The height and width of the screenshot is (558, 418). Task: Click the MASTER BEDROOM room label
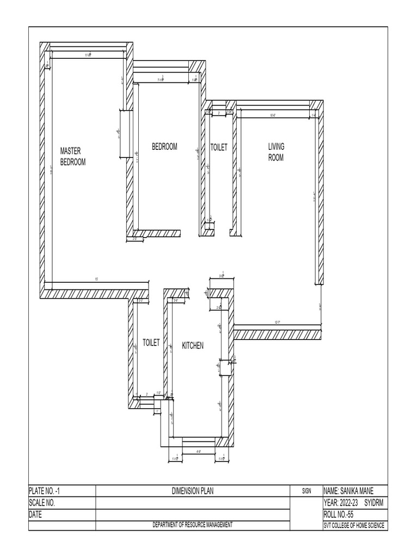click(72, 156)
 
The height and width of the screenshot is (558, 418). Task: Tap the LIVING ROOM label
click(276, 152)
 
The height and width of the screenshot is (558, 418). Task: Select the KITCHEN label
click(193, 345)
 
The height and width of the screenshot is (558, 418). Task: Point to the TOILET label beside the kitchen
click(151, 343)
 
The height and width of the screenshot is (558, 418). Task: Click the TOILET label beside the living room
click(219, 147)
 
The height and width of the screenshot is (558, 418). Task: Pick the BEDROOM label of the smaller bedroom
click(164, 147)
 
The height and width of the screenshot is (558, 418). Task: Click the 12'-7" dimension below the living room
click(277, 323)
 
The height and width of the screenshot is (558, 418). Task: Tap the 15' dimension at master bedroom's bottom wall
click(96, 279)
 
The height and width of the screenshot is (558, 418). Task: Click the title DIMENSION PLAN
click(193, 491)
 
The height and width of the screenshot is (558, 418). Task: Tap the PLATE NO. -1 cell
click(48, 491)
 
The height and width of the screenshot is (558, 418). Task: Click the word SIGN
click(306, 491)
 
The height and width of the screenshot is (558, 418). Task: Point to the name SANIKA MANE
click(348, 491)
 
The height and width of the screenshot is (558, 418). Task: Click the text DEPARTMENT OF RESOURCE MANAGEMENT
click(193, 525)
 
